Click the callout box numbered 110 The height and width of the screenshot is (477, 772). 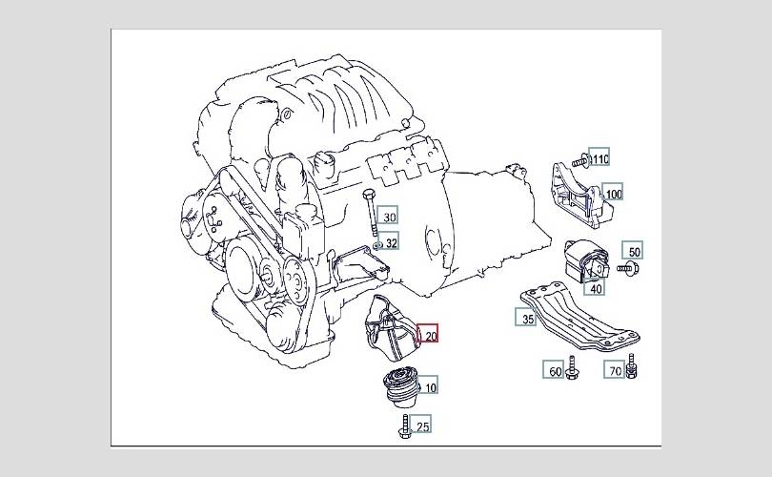point(599,156)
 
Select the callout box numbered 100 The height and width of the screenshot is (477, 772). point(612,192)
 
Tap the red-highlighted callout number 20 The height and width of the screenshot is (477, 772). point(427,334)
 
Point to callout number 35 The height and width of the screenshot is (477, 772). point(526,317)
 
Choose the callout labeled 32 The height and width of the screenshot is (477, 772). point(388,241)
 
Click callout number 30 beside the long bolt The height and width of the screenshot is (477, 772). point(388,215)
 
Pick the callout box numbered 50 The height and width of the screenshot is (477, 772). point(633,251)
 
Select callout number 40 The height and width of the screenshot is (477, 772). point(595,286)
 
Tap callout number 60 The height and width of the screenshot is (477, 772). point(554,369)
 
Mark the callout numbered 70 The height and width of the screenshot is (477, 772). point(614,369)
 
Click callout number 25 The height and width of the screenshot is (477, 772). point(421,425)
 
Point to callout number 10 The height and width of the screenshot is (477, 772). point(427,385)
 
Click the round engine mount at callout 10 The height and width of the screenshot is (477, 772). point(400,388)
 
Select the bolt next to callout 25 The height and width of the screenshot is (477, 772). point(405,426)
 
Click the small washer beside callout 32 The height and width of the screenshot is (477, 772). point(377,245)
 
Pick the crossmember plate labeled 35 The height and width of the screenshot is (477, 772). point(579,316)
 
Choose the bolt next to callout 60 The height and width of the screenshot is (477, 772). point(572,367)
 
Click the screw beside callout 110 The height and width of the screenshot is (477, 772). point(580,160)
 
